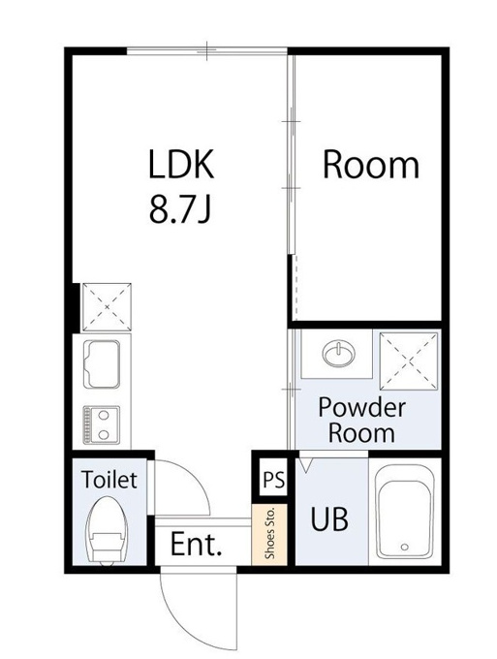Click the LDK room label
181,164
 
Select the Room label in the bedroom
370,165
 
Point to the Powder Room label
361,421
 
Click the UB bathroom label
329,519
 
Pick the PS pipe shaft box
273,479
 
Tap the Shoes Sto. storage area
270,534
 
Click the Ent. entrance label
196,545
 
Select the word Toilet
109,479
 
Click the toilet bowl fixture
108,529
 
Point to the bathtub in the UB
404,512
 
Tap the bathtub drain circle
405,547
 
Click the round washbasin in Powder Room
338,352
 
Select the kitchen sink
102,364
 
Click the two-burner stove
102,424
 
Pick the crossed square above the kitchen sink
107,307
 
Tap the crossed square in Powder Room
409,361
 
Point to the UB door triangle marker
305,465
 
